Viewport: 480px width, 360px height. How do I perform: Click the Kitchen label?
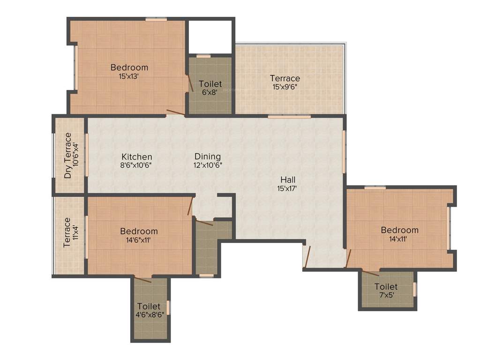(137, 157)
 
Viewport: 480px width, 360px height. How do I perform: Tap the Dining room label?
(208, 157)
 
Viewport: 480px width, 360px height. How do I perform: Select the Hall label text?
(288, 180)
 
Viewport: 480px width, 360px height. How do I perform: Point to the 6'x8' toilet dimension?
(210, 92)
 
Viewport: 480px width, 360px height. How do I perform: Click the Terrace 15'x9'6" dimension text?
(285, 87)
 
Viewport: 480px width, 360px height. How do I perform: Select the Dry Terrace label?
(68, 156)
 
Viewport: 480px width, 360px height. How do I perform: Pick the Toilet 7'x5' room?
(386, 291)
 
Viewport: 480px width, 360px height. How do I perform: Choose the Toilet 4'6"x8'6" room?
(150, 311)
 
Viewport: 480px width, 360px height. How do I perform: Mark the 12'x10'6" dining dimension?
(208, 165)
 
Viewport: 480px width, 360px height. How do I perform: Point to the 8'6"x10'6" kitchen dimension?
(137, 165)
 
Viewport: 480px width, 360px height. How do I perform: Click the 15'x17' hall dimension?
(287, 188)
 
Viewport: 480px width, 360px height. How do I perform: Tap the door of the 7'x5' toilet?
(370, 272)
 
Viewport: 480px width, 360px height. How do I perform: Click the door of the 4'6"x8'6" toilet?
(143, 279)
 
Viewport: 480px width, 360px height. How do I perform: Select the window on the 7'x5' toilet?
(414, 289)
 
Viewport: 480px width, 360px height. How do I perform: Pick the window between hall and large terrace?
(289, 116)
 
